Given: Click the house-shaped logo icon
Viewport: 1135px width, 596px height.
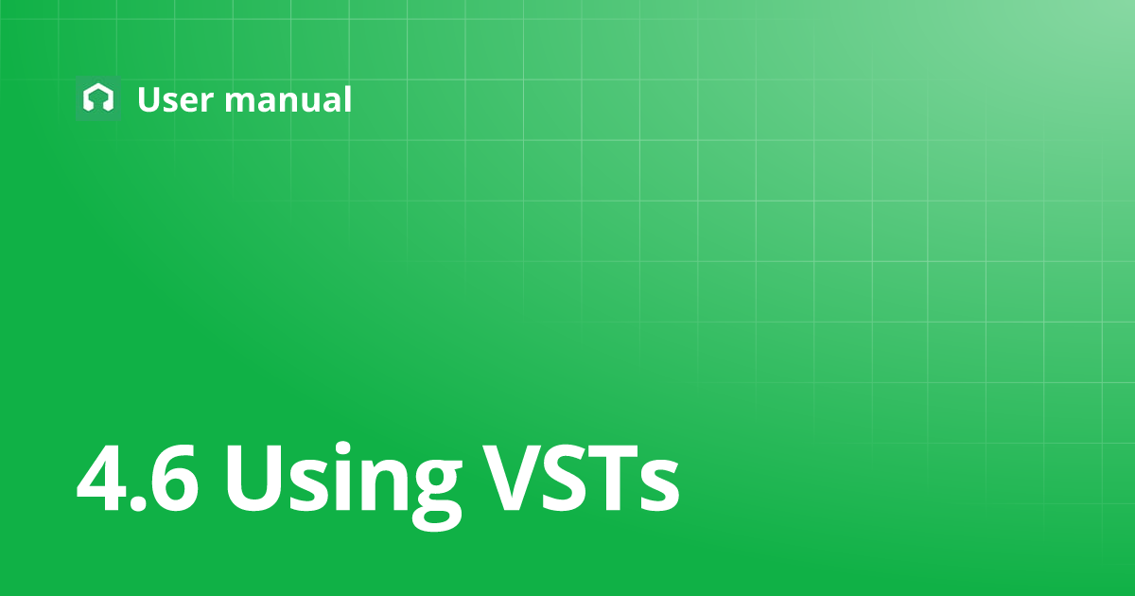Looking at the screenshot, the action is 98,97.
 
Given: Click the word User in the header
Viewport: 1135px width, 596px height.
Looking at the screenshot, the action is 176,99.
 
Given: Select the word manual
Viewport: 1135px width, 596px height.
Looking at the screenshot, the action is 288,98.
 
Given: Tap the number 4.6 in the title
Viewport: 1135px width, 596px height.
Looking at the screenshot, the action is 137,479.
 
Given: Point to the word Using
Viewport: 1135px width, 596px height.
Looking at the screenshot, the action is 343,485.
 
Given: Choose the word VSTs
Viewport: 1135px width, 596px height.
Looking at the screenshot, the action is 581,479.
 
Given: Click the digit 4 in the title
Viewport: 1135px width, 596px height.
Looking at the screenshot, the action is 101,479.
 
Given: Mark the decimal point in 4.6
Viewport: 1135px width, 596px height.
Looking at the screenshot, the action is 137,502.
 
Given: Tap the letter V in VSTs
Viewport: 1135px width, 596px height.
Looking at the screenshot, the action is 512,479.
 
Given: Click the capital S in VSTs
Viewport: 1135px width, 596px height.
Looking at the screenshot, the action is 564,479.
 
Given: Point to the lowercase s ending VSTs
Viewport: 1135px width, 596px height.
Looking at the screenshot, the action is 658,486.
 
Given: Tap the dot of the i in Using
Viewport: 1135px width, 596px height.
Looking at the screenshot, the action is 343,449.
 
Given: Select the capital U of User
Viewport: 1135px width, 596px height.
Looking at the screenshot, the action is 148,100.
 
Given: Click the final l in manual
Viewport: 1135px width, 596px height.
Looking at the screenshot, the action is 348,97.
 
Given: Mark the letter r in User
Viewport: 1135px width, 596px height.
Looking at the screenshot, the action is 208,102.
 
